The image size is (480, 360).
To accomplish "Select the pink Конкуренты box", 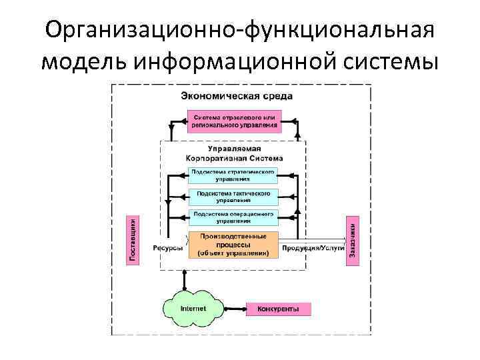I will pos(279,309).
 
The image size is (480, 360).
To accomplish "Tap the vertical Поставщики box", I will pos(133,240).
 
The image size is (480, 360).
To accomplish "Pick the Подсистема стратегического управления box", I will pos(233,175).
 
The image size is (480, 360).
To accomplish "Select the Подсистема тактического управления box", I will pos(233,196).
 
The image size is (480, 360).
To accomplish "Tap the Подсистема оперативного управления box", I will pos(233,217).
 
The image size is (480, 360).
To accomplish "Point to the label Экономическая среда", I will pos(237,96).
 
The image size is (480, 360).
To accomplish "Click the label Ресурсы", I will pos(168,248).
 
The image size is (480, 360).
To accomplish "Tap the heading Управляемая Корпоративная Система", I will pos(235,154).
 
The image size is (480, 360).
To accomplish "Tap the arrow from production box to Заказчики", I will pos(313,239).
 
